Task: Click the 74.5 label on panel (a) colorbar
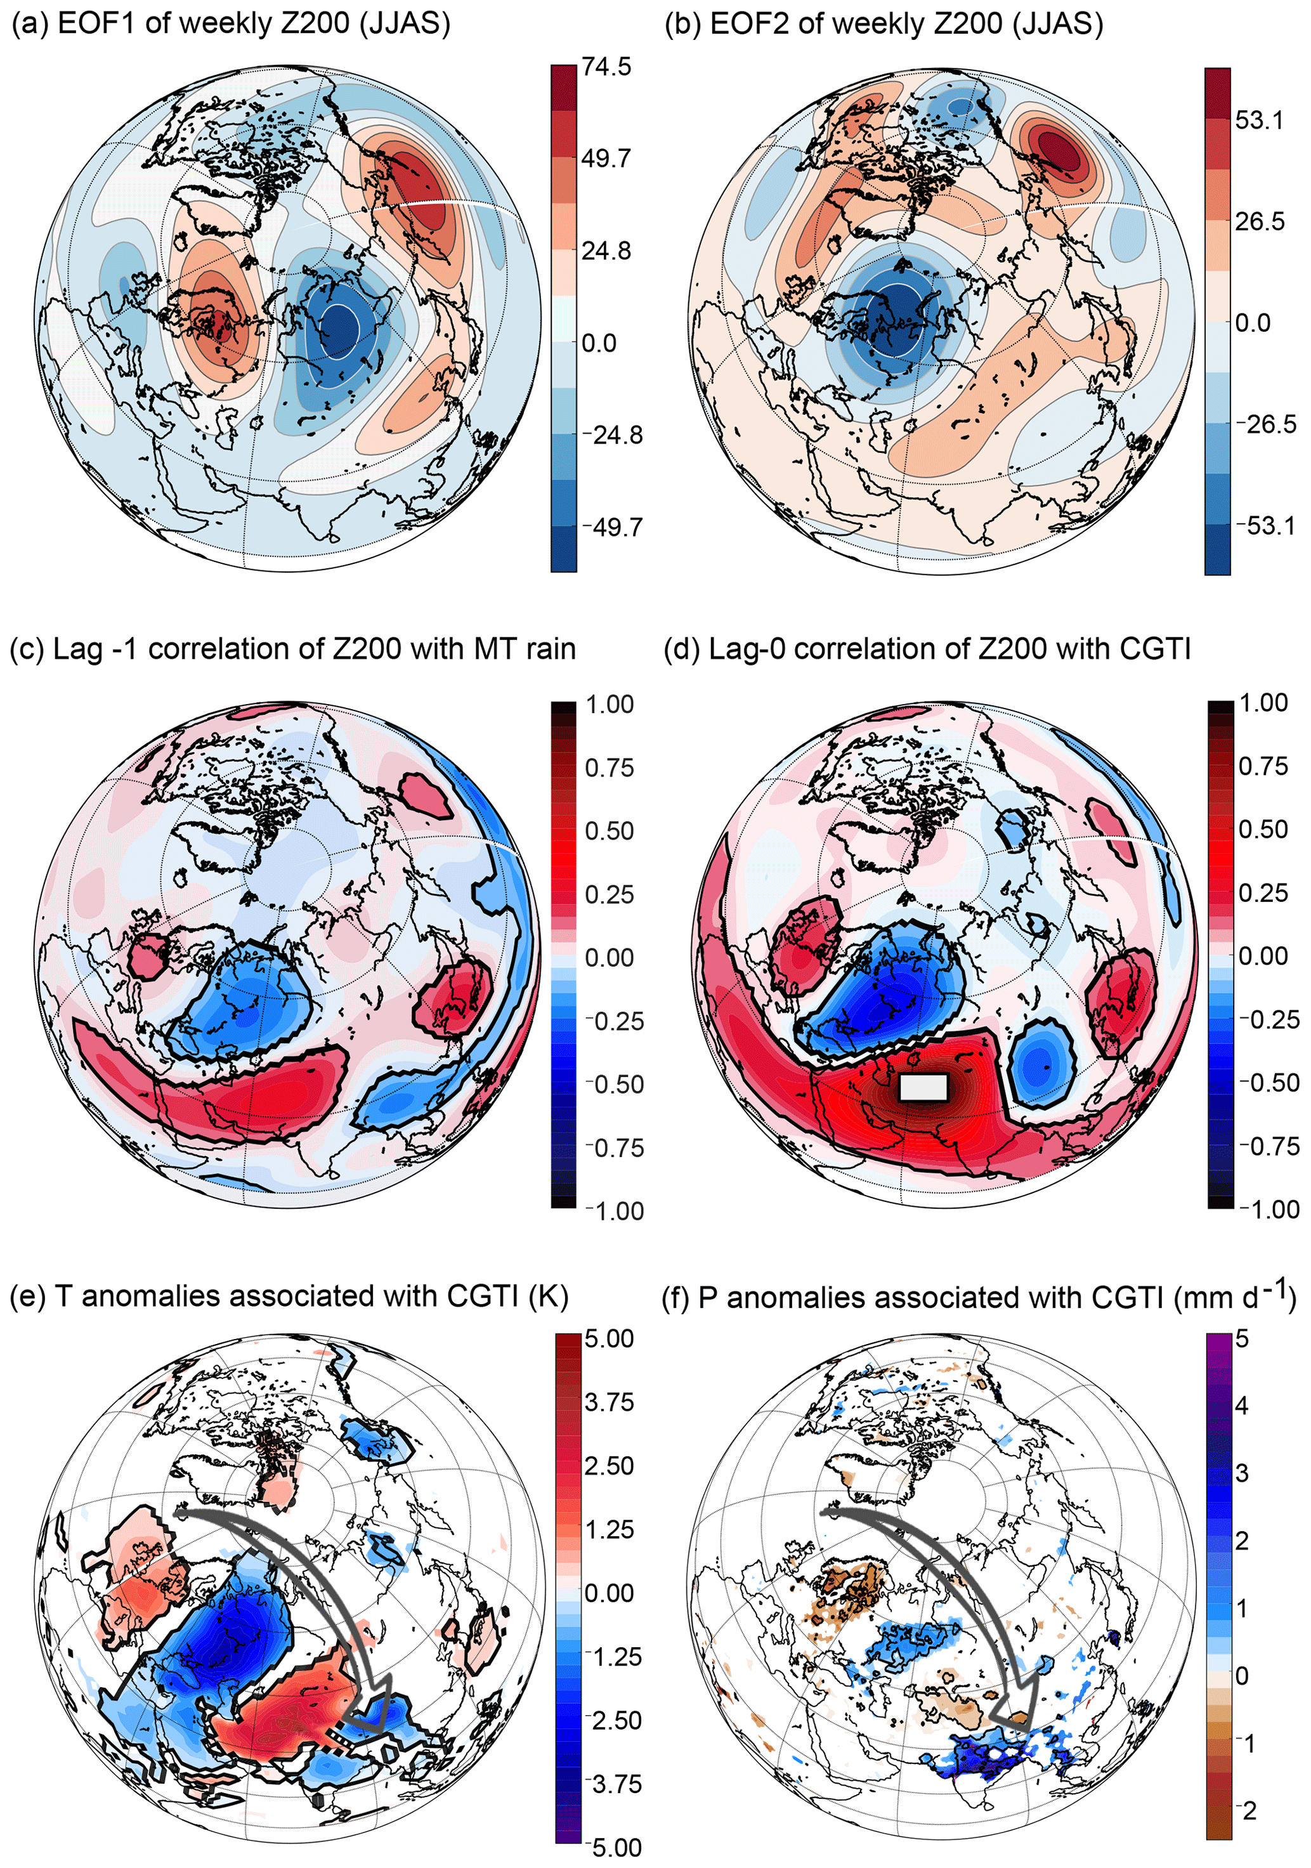[x=606, y=67]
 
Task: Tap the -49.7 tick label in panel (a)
[x=612, y=527]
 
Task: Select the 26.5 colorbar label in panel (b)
[x=1259, y=221]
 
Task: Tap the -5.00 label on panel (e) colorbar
[x=613, y=1846]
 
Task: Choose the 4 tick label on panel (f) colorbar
[x=1242, y=1405]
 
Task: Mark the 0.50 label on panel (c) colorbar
[x=610, y=831]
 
